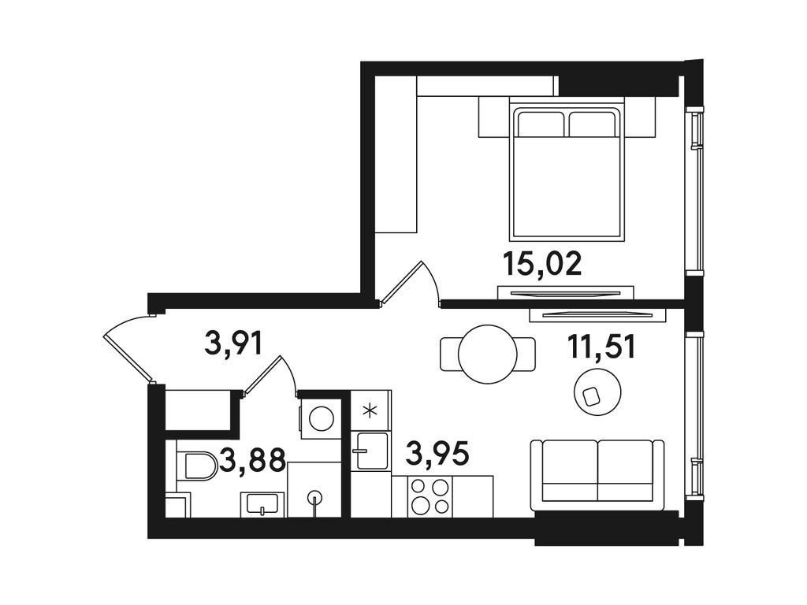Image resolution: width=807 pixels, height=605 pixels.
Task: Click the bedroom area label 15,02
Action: (543, 263)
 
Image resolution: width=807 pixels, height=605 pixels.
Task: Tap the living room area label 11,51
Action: (602, 347)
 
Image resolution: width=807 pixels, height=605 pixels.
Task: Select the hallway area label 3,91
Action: (232, 344)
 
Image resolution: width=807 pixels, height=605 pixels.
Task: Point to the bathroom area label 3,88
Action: (252, 459)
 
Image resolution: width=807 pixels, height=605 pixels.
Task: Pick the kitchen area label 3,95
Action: (437, 454)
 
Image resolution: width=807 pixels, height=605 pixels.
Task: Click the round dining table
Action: (488, 354)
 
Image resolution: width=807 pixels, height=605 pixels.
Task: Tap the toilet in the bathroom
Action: (196, 466)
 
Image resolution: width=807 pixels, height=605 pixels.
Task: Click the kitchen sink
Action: (370, 451)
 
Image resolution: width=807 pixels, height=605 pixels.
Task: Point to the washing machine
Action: (320, 418)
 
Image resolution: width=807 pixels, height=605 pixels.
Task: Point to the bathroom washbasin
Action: (262, 503)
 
